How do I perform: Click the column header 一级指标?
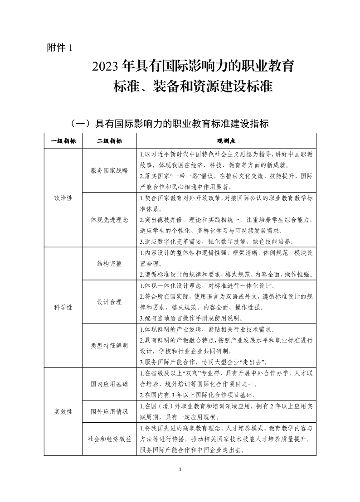click(63, 141)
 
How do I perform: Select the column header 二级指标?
click(109, 141)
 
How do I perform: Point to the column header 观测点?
click(226, 141)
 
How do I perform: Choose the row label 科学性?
click(63, 307)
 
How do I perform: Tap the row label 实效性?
click(63, 411)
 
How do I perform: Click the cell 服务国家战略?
click(109, 170)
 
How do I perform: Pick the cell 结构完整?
click(109, 263)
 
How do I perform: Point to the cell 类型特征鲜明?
click(109, 345)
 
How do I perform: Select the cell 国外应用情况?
click(109, 411)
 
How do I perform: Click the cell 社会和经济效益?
click(109, 439)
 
